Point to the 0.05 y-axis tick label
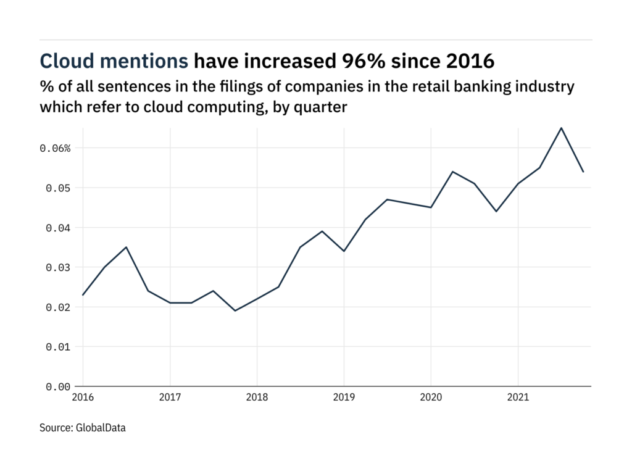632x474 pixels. click(58, 188)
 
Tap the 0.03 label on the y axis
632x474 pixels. click(58, 267)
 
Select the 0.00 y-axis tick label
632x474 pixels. click(58, 386)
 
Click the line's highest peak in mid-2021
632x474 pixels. click(561, 128)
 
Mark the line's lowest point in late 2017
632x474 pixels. click(235, 310)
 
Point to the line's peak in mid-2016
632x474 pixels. click(127, 247)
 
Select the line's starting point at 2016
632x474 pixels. click(83, 295)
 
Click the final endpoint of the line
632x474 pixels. click(583, 172)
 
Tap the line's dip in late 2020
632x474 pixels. click(496, 211)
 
